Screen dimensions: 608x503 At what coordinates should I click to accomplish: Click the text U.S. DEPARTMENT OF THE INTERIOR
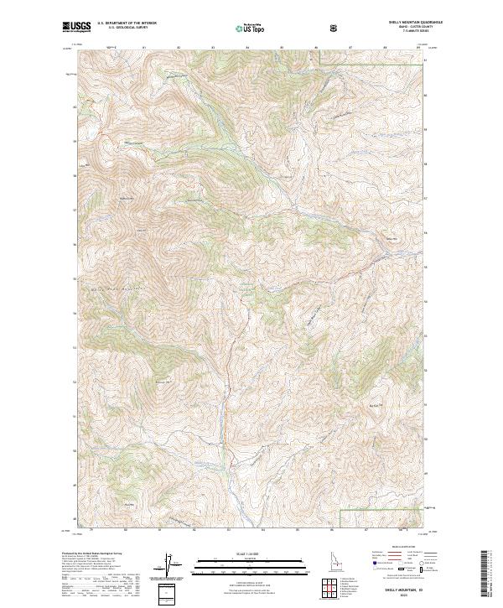click(x=125, y=23)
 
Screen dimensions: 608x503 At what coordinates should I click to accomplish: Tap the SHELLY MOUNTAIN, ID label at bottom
click(x=403, y=590)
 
